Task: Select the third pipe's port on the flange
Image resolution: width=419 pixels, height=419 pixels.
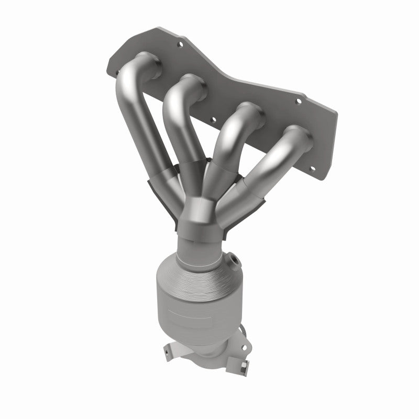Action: pyautogui.click(x=251, y=115)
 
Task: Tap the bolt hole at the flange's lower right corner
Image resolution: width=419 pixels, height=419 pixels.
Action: pyautogui.click(x=313, y=169)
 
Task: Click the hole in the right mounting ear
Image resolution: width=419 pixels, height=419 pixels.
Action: pyautogui.click(x=241, y=335)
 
